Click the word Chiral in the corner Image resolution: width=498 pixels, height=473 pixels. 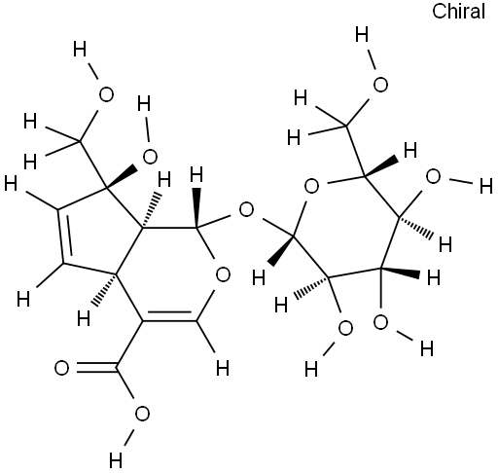tap(458, 12)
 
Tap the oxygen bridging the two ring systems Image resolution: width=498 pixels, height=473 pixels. tap(246, 210)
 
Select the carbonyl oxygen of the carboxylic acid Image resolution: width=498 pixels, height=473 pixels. tap(61, 368)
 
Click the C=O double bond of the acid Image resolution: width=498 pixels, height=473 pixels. tap(96, 368)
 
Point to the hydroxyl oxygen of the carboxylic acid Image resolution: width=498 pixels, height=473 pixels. tap(142, 415)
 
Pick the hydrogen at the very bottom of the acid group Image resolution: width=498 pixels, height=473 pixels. tap(116, 460)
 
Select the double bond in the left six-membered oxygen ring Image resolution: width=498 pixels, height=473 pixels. tap(169, 317)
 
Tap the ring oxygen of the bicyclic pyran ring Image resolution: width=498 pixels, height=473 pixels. tap(223, 274)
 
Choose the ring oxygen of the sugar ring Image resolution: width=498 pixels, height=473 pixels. tap(311, 187)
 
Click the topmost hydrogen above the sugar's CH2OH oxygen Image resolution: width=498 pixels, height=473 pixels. tap(362, 35)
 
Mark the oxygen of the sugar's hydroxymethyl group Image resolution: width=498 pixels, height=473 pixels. tap(380, 85)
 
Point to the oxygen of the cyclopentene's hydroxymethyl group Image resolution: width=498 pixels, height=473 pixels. tap(106, 94)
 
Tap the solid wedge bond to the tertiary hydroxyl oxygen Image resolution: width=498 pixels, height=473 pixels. tap(123, 177)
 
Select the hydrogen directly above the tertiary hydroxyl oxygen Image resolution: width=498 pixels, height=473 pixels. tap(144, 104)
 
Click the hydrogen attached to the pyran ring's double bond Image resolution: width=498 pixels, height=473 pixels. tap(223, 368)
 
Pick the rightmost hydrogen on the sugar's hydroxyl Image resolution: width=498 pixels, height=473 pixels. tap(485, 187)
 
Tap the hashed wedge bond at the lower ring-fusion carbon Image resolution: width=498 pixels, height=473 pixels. tap(105, 290)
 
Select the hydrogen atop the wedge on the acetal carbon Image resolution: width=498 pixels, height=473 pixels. tap(196, 174)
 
